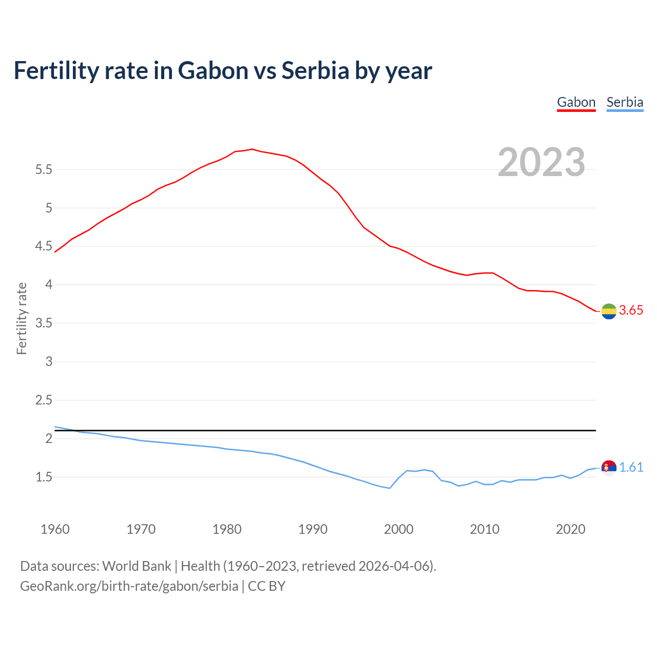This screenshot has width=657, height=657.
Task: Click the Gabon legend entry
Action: click(576, 102)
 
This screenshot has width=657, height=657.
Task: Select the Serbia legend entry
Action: click(625, 102)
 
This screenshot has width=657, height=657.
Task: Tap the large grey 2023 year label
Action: click(542, 162)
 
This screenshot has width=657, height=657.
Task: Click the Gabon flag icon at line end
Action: click(609, 311)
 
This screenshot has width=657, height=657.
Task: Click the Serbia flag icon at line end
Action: click(609, 468)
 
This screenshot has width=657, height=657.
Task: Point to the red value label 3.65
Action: click(631, 311)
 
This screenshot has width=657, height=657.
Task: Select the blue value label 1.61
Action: click(631, 468)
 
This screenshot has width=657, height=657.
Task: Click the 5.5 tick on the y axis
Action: click(44, 170)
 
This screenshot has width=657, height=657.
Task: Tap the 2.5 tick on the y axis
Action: click(44, 400)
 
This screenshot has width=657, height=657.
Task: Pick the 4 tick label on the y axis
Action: click(49, 285)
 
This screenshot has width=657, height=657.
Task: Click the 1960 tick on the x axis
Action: click(55, 529)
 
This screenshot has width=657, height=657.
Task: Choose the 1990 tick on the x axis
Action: click(313, 529)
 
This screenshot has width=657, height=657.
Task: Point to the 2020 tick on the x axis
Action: click(570, 529)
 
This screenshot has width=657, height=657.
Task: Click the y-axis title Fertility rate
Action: click(22, 318)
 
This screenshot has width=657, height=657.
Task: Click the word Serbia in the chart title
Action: click(315, 70)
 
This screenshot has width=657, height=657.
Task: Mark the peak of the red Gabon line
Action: click(252, 149)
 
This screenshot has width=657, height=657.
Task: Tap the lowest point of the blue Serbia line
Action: click(390, 488)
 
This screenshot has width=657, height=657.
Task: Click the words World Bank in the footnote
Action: click(137, 566)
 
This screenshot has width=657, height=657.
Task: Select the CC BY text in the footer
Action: click(266, 586)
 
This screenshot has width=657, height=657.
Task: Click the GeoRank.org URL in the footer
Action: click(129, 586)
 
